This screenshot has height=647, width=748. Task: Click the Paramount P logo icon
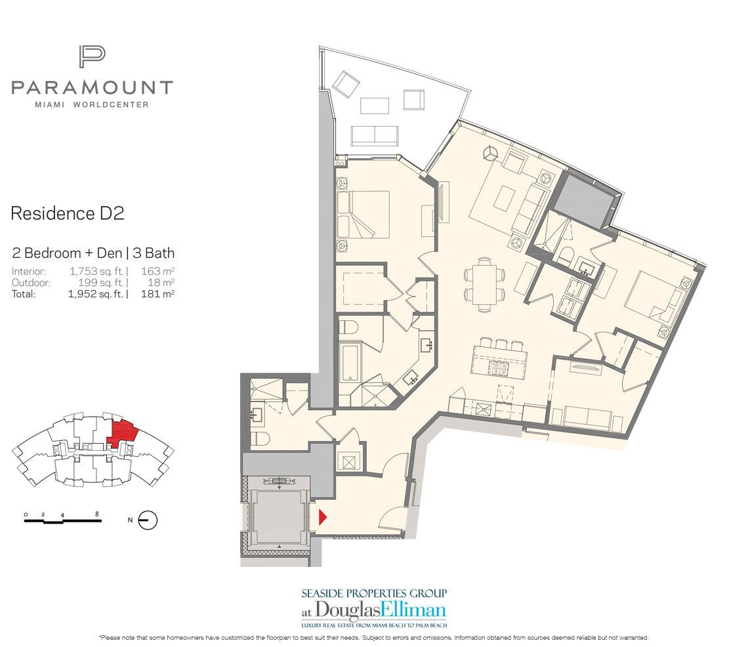click(91, 57)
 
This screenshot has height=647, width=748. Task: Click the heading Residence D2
click(68, 213)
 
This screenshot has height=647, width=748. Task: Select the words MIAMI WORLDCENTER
click(92, 104)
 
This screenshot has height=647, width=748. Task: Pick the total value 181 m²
click(157, 295)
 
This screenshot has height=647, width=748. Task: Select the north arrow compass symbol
click(149, 520)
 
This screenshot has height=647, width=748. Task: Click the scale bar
click(62, 520)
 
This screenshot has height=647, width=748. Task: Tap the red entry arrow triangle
click(322, 516)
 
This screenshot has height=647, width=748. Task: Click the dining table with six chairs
click(484, 283)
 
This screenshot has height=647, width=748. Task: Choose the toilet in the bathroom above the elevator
click(259, 439)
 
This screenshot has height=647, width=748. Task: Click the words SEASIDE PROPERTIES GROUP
click(374, 593)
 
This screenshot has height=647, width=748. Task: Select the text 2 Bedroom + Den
click(55, 253)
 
